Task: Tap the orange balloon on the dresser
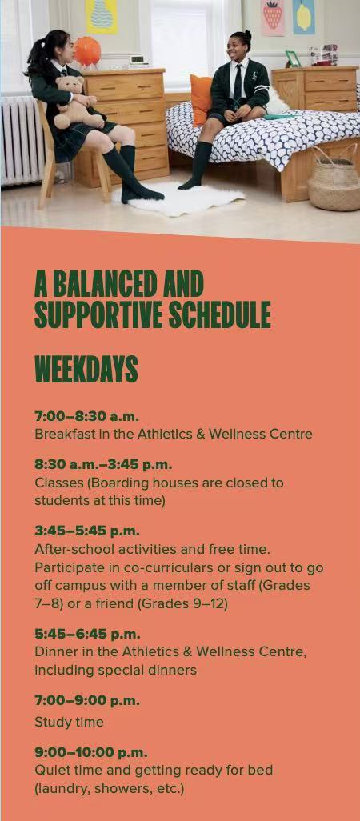click(x=87, y=50)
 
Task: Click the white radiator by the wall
click(x=21, y=138)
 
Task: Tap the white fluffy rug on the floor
click(x=179, y=198)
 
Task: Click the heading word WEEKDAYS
click(x=86, y=369)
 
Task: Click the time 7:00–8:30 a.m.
click(x=87, y=417)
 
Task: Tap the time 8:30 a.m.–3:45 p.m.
click(x=104, y=464)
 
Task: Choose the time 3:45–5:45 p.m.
click(x=87, y=531)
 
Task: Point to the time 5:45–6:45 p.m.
click(x=87, y=634)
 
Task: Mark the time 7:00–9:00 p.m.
click(x=87, y=701)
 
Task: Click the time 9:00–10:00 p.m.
click(x=91, y=753)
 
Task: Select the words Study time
click(x=69, y=723)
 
